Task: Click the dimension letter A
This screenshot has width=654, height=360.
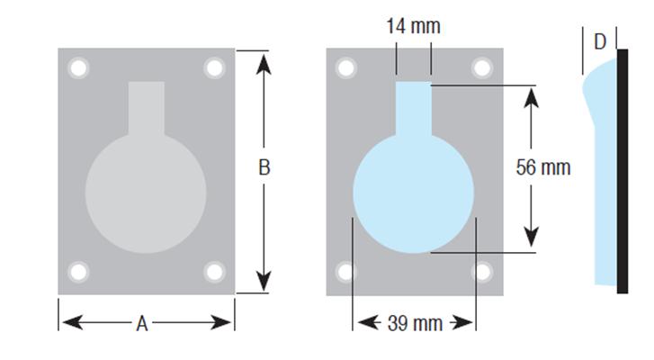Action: tap(141, 324)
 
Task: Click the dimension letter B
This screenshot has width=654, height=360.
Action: tap(264, 167)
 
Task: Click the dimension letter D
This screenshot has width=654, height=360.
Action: tap(600, 40)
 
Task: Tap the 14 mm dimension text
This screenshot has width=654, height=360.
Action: tap(413, 26)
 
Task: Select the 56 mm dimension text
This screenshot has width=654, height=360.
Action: tap(543, 167)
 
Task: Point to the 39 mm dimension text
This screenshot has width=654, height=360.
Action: tap(415, 323)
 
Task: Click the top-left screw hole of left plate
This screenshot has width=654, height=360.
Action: tap(78, 68)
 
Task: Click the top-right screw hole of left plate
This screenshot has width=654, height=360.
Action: tap(214, 68)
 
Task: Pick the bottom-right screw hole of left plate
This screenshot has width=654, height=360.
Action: tap(214, 272)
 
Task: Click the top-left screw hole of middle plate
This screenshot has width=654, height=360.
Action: tap(346, 68)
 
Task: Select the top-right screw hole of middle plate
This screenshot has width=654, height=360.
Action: tap(482, 68)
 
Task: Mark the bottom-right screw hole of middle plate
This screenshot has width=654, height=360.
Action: tap(482, 272)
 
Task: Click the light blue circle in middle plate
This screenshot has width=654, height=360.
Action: tap(413, 193)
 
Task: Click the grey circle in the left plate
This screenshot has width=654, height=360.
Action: tap(146, 193)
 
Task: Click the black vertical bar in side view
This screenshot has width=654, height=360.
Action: tap(623, 171)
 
